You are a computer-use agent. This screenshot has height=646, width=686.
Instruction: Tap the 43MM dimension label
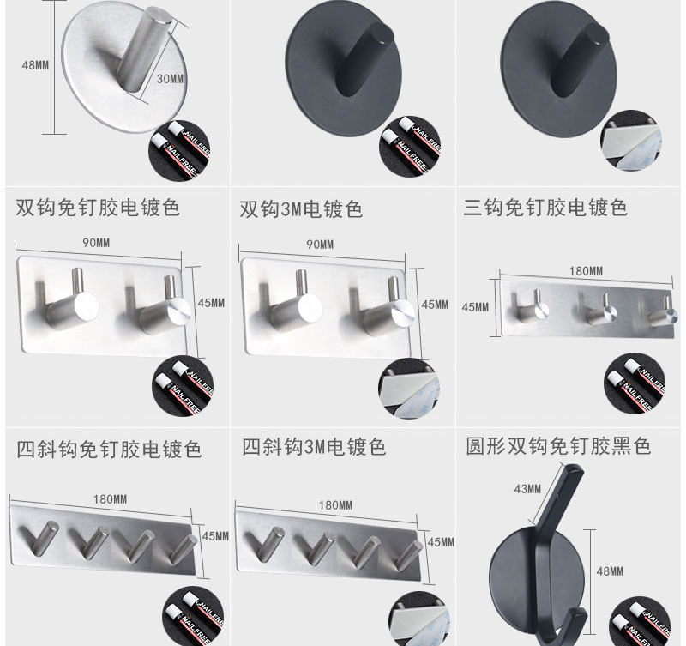click(x=527, y=489)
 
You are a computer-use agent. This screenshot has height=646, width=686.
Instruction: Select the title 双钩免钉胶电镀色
click(x=98, y=208)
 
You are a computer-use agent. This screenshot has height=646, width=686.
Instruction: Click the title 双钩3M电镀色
click(x=301, y=208)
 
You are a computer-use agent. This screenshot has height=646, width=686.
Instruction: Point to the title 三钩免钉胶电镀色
click(x=545, y=208)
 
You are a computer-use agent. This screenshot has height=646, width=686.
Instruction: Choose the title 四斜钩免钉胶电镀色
click(x=110, y=449)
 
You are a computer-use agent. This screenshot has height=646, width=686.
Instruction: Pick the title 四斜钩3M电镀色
click(x=314, y=447)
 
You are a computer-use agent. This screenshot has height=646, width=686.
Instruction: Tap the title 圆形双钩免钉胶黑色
click(x=558, y=447)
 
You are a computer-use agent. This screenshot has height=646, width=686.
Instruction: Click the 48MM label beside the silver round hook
click(x=34, y=64)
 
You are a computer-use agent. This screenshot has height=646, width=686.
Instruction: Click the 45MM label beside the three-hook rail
click(x=475, y=307)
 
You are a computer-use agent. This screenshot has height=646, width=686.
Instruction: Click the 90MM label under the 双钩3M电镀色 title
click(x=319, y=245)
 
